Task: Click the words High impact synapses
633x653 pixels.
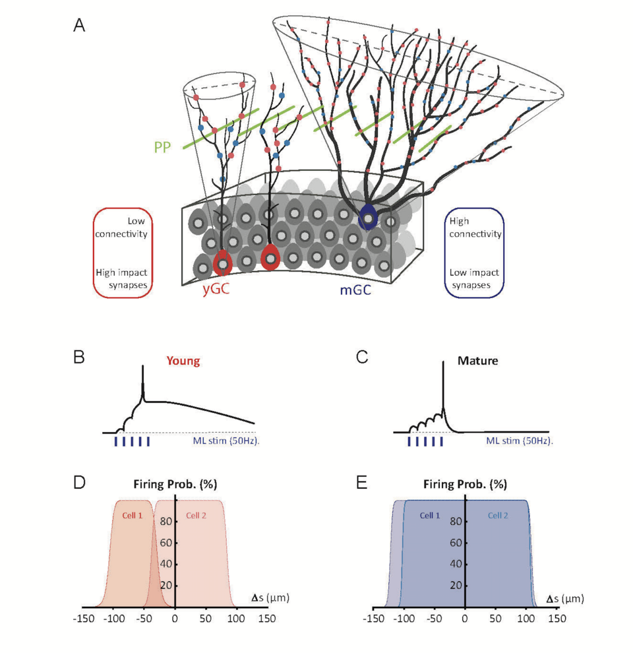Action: [123, 277]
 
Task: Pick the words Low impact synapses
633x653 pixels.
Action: [473, 277]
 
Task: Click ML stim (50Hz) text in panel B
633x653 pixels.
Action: [221, 441]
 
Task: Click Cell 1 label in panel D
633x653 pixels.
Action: [132, 515]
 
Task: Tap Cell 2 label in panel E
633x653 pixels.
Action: [497, 515]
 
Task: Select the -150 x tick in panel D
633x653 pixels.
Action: [83, 618]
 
